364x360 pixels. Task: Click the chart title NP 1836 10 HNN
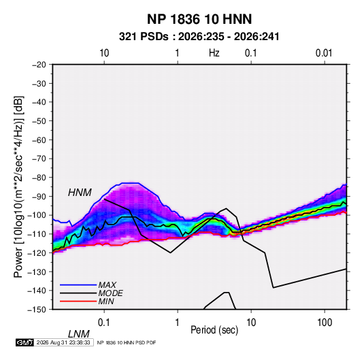199,19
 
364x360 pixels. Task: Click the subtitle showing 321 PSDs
199,37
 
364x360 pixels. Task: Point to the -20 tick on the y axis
39,65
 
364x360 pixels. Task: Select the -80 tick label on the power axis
39,178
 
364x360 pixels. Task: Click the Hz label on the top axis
214,53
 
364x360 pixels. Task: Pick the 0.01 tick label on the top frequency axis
324,53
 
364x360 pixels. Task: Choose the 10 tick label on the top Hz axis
104,53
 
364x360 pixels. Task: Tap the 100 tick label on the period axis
325,323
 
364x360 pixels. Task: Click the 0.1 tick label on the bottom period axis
103,323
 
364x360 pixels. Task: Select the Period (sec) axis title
214,330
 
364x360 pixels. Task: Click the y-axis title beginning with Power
18,186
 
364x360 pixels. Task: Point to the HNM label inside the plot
80,193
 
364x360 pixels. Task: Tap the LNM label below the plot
79,334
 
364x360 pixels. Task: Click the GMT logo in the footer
25,342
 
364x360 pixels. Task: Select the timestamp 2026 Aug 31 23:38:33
63,342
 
